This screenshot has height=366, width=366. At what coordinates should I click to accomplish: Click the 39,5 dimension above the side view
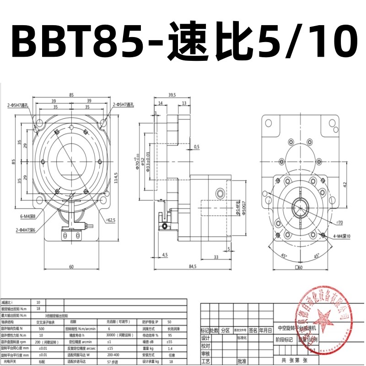(172, 95)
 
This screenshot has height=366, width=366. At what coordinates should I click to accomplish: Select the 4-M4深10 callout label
(338, 236)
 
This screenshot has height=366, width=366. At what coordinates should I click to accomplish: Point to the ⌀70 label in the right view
(339, 222)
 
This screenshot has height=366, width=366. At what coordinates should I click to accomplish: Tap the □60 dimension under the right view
(300, 267)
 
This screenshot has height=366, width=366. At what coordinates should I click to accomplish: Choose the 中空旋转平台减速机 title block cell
(300, 328)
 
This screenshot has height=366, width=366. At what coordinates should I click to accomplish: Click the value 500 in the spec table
(42, 328)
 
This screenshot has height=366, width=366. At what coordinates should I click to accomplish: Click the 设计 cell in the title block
(205, 338)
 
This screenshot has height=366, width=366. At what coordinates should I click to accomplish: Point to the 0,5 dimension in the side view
(196, 146)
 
